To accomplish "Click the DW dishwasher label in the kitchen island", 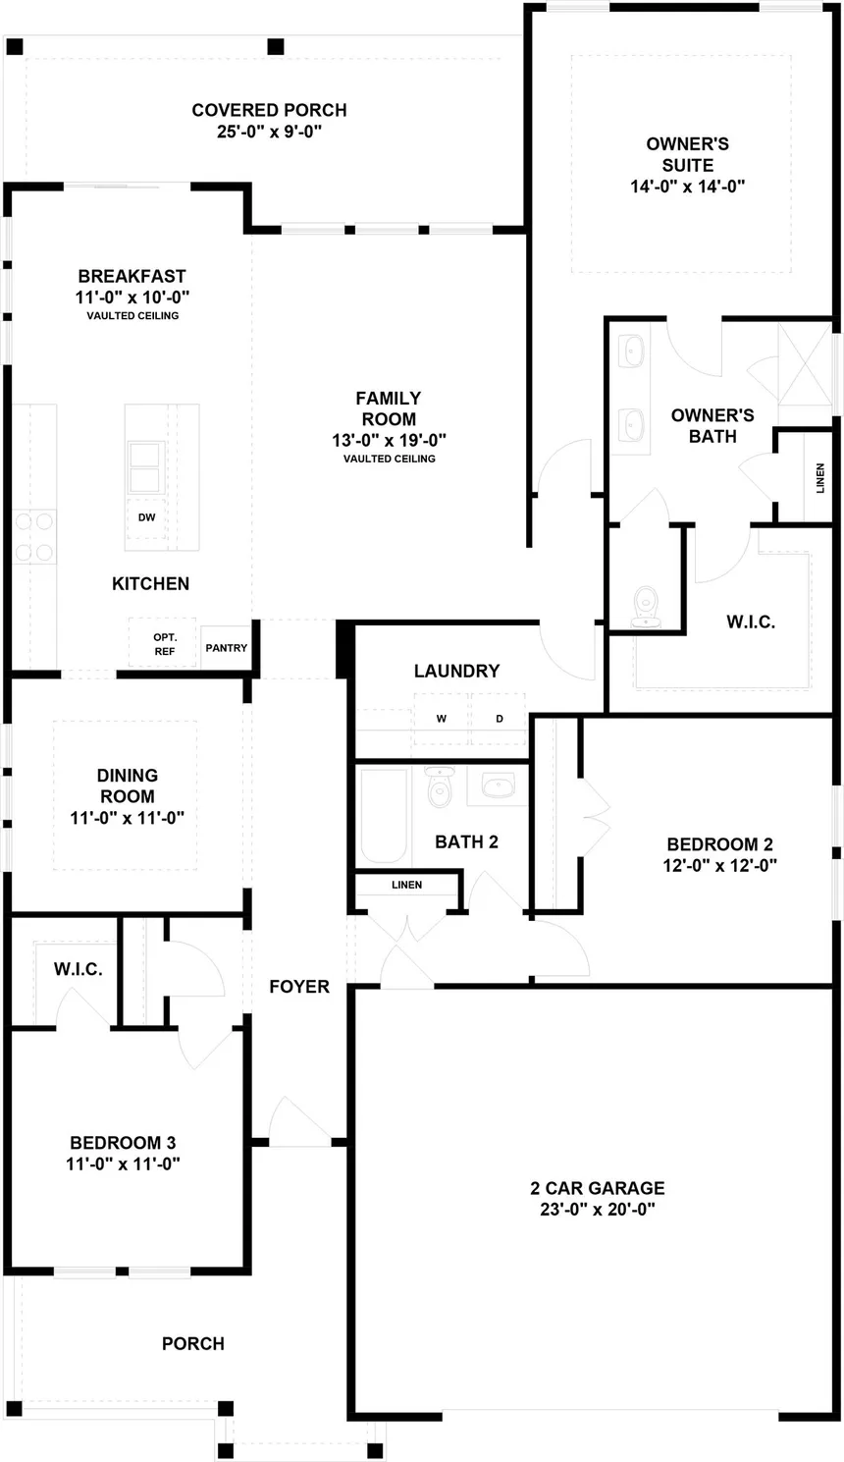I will (146, 517).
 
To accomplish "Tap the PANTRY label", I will (227, 648).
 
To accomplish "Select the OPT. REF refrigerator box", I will (164, 644).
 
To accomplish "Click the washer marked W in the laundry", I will (442, 719).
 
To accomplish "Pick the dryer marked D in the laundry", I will (500, 719).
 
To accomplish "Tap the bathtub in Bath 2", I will (384, 815).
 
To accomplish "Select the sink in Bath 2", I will (500, 785).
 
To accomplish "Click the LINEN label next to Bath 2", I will (406, 885).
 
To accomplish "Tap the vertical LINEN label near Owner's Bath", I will (820, 477).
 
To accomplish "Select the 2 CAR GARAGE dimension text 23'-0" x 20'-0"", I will (598, 1210).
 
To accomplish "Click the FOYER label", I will (299, 987).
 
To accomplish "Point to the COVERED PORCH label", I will (269, 110).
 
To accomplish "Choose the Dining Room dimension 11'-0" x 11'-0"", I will (128, 818).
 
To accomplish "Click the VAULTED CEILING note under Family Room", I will (389, 459).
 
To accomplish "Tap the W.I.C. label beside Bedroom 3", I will (78, 970).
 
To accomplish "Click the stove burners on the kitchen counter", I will (32, 537).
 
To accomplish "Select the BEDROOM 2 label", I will (719, 844).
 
